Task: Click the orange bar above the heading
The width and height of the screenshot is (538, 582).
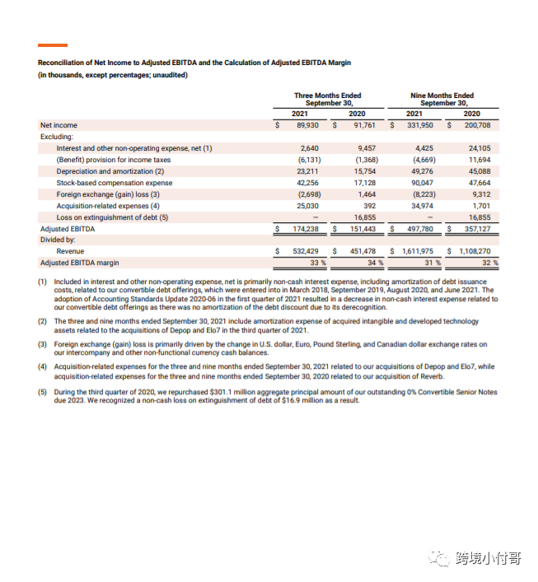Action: coord(53,44)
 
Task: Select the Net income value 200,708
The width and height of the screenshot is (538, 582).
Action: coord(478,125)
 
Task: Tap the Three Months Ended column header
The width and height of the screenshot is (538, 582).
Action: coord(327,100)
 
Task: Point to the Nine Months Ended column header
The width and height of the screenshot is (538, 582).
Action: coord(442,100)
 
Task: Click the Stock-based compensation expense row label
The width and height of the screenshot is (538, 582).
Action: coord(115,183)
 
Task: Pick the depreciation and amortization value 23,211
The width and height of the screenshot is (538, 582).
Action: coord(307,171)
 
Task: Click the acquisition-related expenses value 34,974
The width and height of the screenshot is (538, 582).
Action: coord(421,206)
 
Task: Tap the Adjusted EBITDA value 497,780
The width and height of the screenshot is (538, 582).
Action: coord(420,229)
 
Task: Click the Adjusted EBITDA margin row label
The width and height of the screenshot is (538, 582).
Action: coord(79,263)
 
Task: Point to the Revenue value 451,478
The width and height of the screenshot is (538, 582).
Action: coord(363,251)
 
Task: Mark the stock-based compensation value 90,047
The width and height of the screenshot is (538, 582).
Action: coord(421,183)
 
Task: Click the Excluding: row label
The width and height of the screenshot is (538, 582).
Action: coord(57,137)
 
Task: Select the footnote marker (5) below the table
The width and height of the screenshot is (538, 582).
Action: coord(42,393)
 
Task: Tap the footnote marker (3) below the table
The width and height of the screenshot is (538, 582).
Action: coord(42,344)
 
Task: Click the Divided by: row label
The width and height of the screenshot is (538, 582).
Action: coord(58,240)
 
